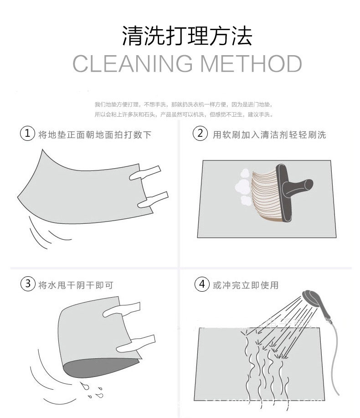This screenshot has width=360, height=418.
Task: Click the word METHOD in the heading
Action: tap(251, 63)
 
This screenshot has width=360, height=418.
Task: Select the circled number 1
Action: tap(28, 134)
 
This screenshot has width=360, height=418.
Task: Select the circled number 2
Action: tap(200, 134)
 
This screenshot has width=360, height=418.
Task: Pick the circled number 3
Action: tap(28, 284)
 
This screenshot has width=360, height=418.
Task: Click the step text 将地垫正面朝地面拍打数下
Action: tap(95, 134)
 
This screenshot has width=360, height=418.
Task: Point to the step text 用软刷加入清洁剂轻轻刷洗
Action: tap(269, 134)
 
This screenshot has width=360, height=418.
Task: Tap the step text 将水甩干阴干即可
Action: tap(76, 285)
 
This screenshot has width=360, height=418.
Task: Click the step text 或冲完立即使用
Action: tap(246, 285)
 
